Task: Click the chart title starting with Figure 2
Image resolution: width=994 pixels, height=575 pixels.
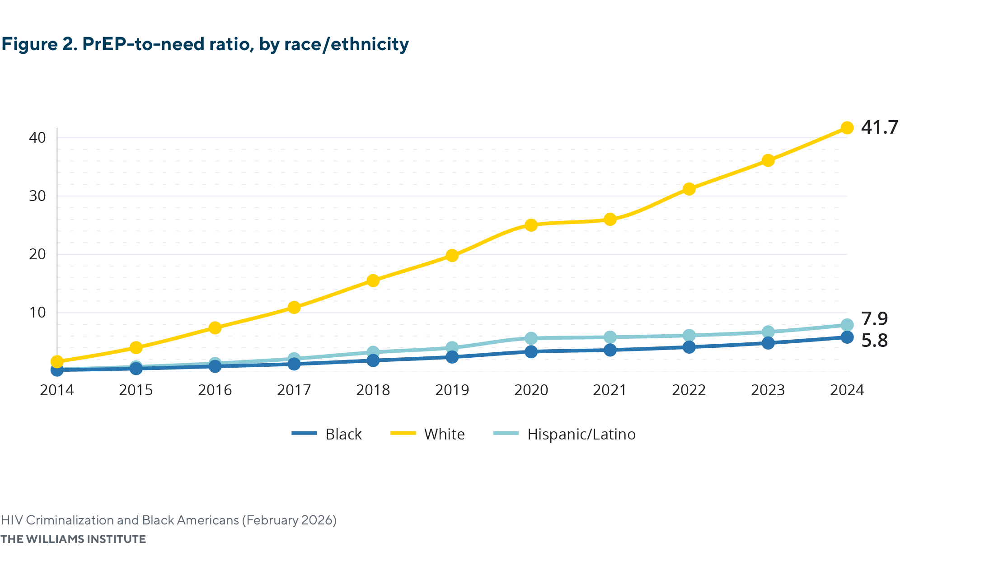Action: point(205,44)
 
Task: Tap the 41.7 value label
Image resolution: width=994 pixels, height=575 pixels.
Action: point(879,127)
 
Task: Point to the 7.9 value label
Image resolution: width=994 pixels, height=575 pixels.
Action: point(874,319)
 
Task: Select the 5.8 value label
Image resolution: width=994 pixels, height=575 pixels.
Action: point(874,341)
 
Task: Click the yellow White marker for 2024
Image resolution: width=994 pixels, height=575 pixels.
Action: point(847,128)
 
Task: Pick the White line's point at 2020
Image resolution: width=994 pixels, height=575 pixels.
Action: point(531,225)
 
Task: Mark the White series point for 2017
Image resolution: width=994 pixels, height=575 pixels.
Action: point(294,308)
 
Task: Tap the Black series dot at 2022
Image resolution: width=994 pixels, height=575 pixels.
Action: point(689,347)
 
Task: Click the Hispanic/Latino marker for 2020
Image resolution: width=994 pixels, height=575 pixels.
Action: point(531,338)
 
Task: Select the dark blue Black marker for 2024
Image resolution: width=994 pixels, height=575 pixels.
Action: point(847,337)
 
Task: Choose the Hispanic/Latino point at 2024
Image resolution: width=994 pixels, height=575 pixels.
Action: point(847,325)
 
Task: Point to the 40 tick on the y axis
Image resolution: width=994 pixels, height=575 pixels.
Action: point(38,138)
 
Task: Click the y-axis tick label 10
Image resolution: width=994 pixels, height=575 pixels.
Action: point(38,313)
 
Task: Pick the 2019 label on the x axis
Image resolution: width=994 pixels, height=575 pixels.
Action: point(452,390)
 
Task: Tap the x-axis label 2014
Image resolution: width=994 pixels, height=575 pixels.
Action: point(57,390)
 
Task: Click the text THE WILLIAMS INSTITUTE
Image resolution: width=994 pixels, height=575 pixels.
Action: point(73,539)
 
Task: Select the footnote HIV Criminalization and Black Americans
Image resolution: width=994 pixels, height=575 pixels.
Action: point(169,520)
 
